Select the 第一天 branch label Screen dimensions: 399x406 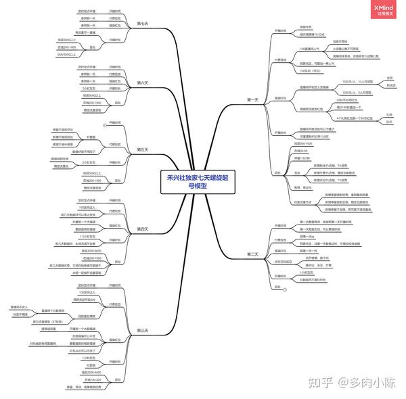253,99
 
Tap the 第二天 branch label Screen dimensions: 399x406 253,254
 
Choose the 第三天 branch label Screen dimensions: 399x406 142,330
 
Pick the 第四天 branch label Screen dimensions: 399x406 142,229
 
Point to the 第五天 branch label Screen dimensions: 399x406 142,149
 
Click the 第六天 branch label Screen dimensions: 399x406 142,83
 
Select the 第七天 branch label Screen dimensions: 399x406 142,24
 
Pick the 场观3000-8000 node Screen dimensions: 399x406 91,251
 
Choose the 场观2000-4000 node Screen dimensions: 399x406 91,373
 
